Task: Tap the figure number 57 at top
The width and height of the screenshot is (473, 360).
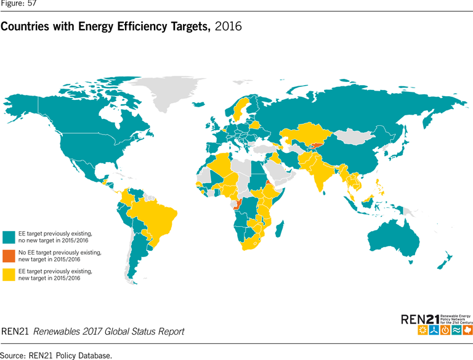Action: point(31,4)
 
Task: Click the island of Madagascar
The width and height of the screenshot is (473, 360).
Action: point(280,231)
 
